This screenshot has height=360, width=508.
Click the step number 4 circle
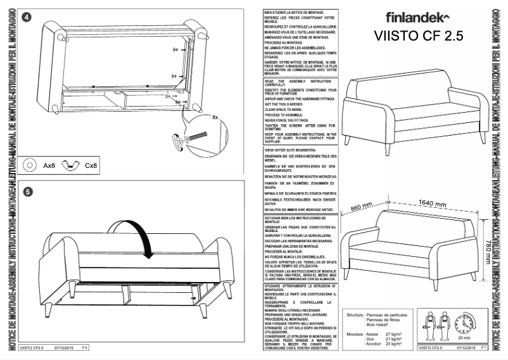click(x=27, y=18)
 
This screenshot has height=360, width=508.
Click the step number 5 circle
click(x=27, y=190)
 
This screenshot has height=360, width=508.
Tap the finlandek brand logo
click(x=418, y=16)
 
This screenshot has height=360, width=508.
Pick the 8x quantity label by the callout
click(x=215, y=117)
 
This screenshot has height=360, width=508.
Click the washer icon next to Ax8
click(x=29, y=165)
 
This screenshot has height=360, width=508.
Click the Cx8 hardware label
click(x=91, y=165)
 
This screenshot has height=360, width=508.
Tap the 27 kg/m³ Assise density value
click(x=394, y=333)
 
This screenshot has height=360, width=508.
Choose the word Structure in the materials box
click(x=355, y=314)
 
